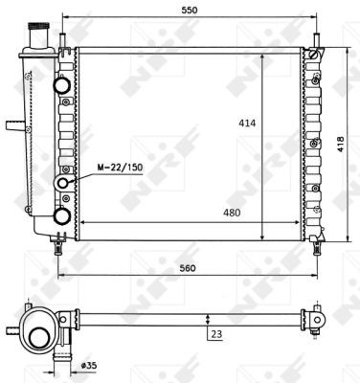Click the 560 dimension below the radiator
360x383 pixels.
click(x=187, y=268)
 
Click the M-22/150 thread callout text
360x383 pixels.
click(x=119, y=169)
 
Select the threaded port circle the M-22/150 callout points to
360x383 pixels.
click(x=63, y=183)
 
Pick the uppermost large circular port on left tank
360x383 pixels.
click(x=63, y=86)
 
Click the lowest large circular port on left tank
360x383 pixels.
click(x=63, y=215)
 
